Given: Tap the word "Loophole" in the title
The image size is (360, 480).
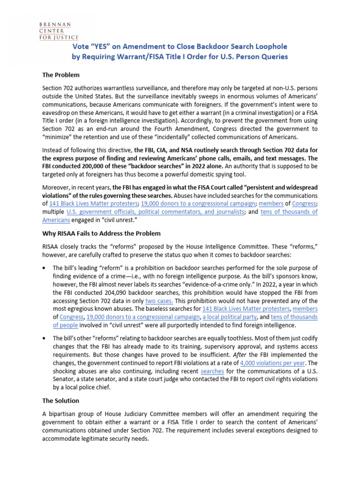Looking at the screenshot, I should tap(269, 46).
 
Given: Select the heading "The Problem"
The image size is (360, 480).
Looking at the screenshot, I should tap(61, 75).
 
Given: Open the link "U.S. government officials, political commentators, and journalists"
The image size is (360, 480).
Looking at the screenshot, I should tap(155, 212).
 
